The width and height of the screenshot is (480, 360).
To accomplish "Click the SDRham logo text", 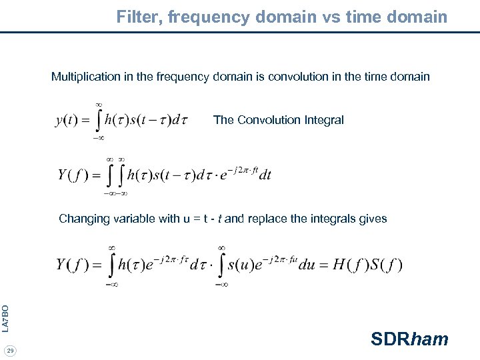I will tap(409, 339).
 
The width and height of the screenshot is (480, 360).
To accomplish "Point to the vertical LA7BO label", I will tap(5, 318).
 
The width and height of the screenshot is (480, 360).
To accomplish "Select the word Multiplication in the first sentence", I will tap(86, 77).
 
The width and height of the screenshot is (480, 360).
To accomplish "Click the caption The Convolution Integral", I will tap(278, 120).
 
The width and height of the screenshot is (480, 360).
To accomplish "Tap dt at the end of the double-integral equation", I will tap(265, 175).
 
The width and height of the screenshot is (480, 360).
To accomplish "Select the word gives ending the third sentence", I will tap(373, 219).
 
